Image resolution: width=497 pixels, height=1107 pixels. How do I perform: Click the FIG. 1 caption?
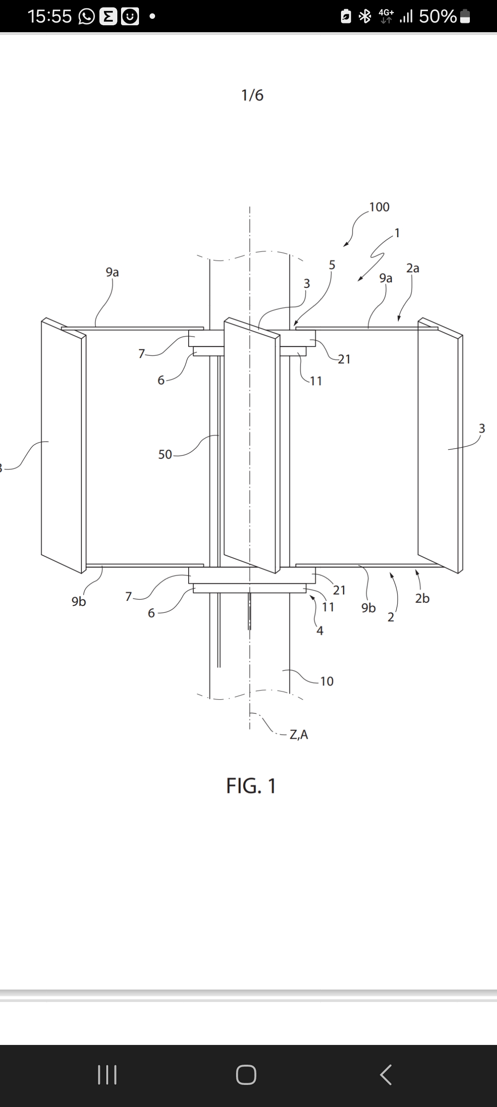[251, 786]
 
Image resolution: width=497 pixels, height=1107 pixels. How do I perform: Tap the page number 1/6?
[252, 95]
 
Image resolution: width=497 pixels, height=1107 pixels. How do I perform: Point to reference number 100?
[379, 207]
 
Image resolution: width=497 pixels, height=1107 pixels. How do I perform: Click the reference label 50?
[165, 454]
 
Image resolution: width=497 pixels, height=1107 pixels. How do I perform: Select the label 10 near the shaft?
[327, 681]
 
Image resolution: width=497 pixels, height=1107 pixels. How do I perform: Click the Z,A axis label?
[299, 734]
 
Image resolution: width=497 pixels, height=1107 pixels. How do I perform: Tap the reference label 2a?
[413, 268]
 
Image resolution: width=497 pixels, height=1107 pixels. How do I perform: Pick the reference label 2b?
[422, 598]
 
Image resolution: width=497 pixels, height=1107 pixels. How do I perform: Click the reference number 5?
[332, 265]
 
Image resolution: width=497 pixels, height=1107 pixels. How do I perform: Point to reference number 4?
[320, 631]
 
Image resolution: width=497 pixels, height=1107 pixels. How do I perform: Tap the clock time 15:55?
[50, 17]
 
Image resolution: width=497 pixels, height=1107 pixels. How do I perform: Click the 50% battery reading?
[437, 17]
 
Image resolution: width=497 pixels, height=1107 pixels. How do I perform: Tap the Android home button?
[246, 1075]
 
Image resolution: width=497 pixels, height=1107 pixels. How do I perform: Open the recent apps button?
[107, 1075]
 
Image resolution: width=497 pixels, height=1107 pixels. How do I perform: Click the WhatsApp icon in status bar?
[87, 17]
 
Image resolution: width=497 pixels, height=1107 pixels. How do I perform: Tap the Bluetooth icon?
[365, 17]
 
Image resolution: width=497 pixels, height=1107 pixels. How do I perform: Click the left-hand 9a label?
[112, 272]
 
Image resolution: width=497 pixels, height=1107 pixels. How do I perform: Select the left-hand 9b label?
[79, 601]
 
